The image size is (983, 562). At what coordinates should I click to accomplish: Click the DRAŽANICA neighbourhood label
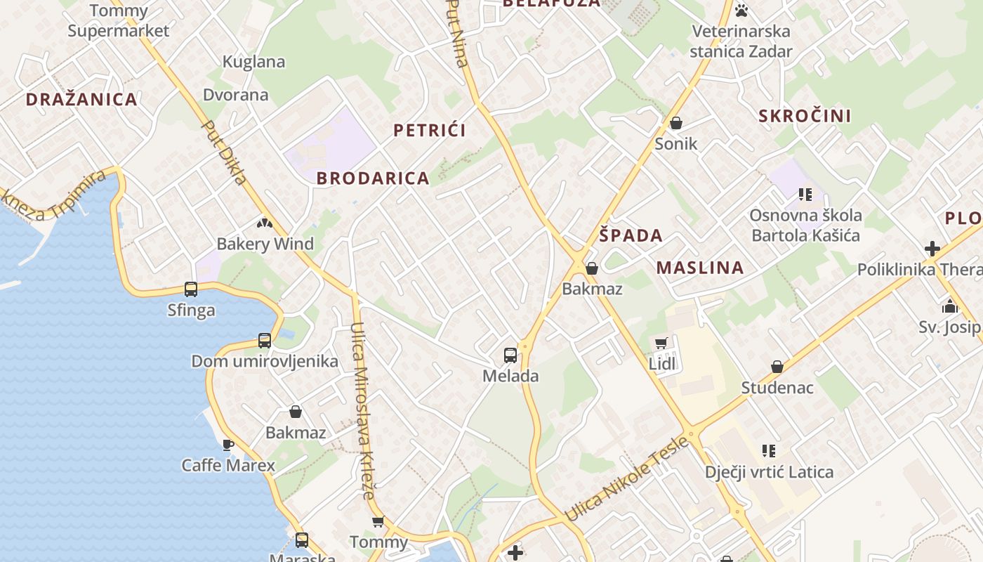(81, 99)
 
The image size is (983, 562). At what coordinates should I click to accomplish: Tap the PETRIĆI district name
(430, 130)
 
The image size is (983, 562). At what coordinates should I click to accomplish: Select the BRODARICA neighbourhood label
(373, 178)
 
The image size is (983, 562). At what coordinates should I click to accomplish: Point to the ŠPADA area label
(631, 235)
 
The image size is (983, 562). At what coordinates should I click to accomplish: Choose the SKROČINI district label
(805, 116)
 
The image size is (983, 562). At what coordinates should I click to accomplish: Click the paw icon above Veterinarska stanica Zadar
(741, 10)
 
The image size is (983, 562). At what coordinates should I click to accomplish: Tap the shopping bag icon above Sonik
(676, 124)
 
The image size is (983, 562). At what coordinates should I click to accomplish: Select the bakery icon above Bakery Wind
(265, 224)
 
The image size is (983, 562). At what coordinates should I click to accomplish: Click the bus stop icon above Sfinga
(191, 289)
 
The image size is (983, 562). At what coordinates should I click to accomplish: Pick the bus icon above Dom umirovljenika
(265, 341)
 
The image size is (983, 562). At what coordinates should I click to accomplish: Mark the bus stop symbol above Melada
(510, 355)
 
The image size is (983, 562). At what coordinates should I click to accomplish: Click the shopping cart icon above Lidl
(661, 344)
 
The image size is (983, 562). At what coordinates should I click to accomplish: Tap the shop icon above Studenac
(777, 367)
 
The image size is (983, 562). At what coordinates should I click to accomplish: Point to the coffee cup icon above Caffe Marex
(227, 445)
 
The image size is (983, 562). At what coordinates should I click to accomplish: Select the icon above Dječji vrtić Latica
(769, 450)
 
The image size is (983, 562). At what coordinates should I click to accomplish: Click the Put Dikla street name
(224, 152)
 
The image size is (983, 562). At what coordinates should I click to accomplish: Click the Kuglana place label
(253, 62)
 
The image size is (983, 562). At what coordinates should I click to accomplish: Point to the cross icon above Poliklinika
(932, 249)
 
